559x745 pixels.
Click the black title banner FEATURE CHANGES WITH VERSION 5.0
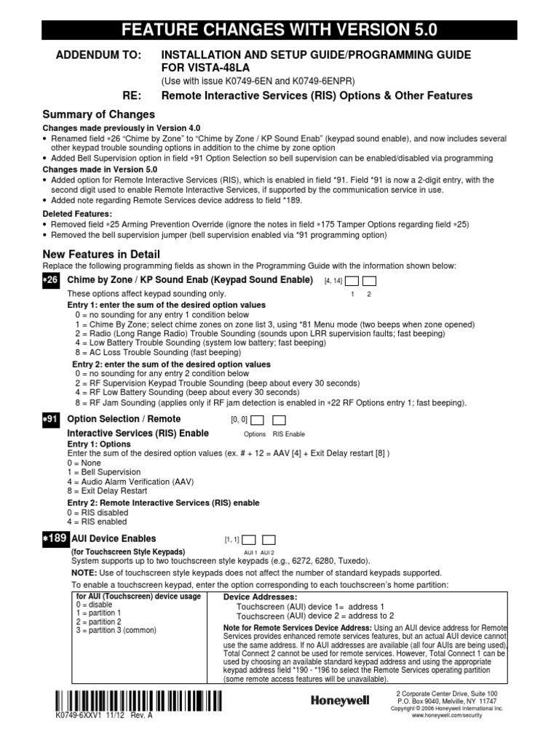[279, 30]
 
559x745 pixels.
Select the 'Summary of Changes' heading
[98, 114]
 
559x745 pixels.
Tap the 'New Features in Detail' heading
[101, 254]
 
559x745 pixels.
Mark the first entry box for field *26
[352, 281]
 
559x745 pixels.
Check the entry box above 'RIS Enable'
[279, 420]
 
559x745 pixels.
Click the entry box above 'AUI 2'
[269, 540]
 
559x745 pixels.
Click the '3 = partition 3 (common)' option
[116, 630]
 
